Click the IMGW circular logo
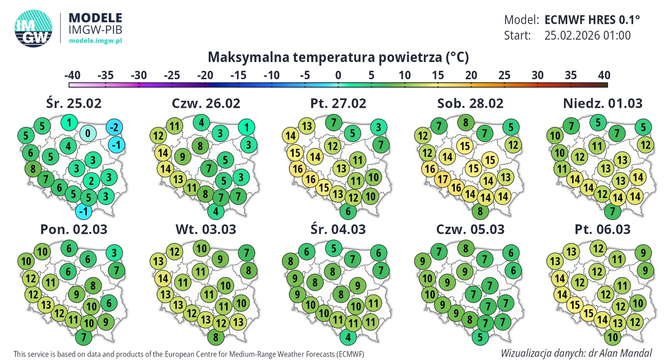[x=33, y=29]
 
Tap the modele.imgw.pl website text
[x=95, y=40]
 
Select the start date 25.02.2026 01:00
[x=587, y=35]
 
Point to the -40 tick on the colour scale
[x=72, y=76]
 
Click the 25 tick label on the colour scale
[x=504, y=76]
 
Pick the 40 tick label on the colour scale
[x=604, y=76]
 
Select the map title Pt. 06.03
[x=602, y=229]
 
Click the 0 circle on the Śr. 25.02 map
[x=88, y=133]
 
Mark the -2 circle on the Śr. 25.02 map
[x=114, y=127]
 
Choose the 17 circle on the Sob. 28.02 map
[x=443, y=179]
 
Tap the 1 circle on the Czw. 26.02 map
[x=246, y=127]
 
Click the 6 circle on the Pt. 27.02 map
[x=348, y=211]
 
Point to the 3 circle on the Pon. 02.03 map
[x=114, y=253]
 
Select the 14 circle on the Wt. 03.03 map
[x=164, y=279]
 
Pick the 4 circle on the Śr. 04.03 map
[x=348, y=337]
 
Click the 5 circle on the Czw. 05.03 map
[x=480, y=337]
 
